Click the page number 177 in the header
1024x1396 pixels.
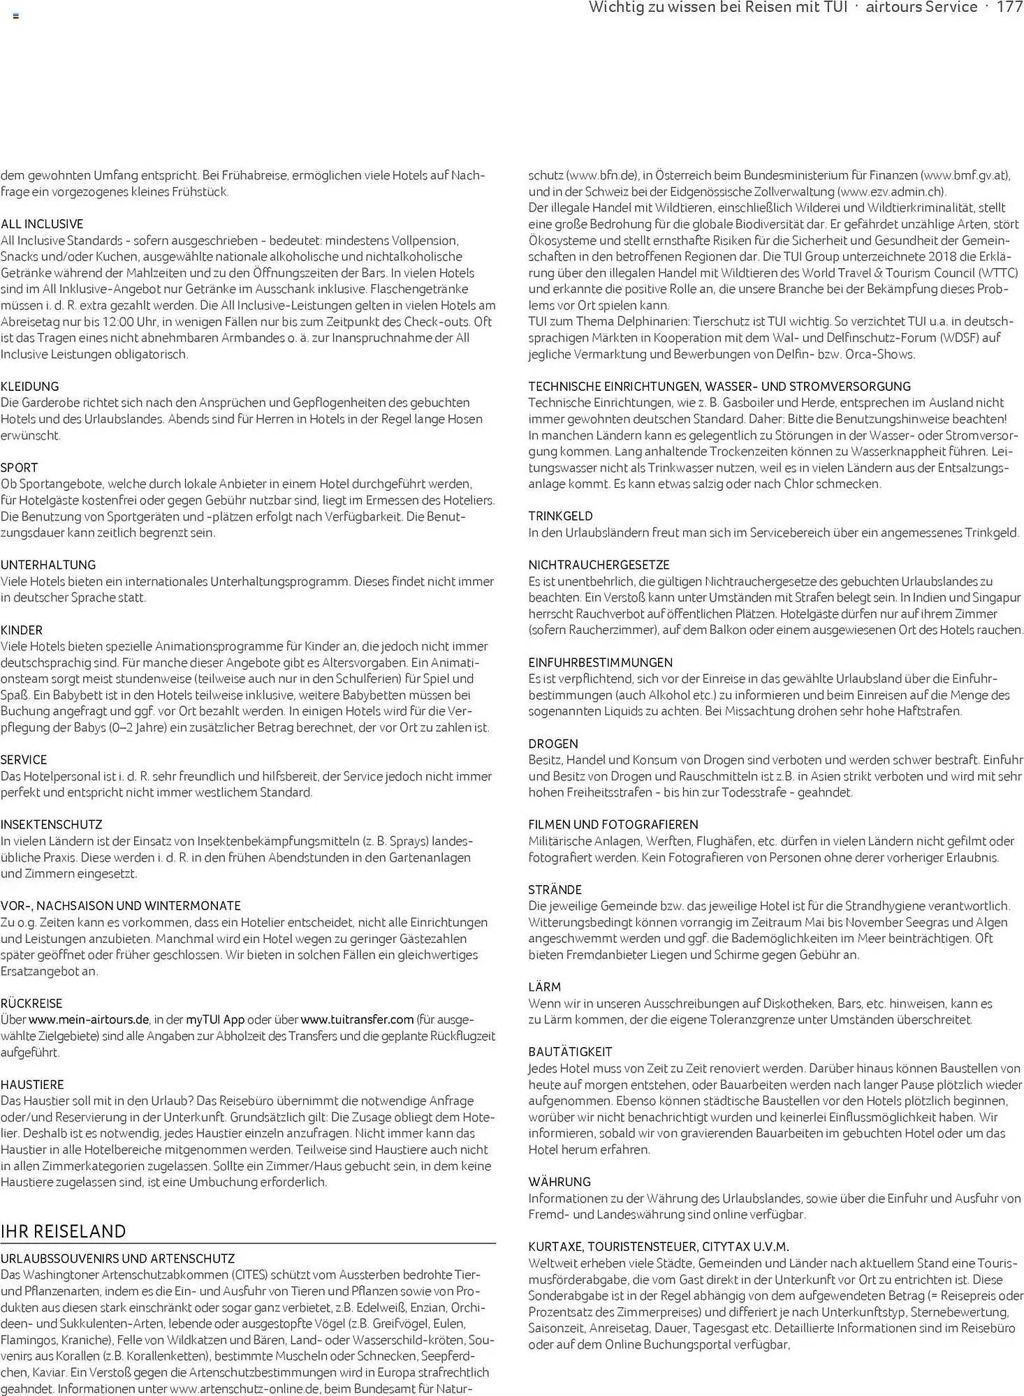click(x=1009, y=8)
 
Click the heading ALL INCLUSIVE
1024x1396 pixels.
click(x=42, y=224)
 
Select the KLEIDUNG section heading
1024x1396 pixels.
click(x=30, y=387)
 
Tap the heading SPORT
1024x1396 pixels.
click(x=20, y=468)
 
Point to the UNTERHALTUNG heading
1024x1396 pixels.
click(x=48, y=565)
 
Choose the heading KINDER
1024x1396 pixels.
click(x=22, y=630)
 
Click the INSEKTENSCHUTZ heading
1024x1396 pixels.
click(x=52, y=825)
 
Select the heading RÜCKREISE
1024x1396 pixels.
click(x=31, y=1004)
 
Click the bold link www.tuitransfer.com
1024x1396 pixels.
click(x=357, y=1020)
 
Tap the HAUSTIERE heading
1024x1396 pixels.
click(x=32, y=1085)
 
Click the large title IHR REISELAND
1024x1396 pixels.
click(x=64, y=1231)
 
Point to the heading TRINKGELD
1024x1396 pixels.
click(x=560, y=517)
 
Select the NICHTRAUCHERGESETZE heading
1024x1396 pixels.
click(x=599, y=565)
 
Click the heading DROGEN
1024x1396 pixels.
click(x=553, y=744)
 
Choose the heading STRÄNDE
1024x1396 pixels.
click(x=555, y=890)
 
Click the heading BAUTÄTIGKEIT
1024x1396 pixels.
click(x=570, y=1052)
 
